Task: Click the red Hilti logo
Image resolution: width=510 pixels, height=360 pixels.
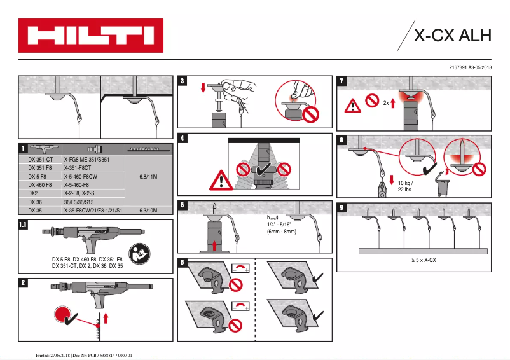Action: (x=90, y=36)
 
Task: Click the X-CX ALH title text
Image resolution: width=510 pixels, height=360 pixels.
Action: (x=453, y=36)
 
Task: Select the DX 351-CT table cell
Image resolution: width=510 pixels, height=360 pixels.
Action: (x=40, y=159)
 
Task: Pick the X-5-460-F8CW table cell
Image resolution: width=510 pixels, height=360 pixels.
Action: (x=81, y=176)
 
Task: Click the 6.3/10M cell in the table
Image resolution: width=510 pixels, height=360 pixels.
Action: (x=148, y=209)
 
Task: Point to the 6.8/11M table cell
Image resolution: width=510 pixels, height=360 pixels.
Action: (x=148, y=176)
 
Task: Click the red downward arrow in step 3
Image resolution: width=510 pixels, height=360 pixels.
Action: (x=203, y=86)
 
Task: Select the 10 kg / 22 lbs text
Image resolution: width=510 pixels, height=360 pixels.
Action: (x=405, y=186)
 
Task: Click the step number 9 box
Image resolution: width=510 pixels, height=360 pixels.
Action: (x=343, y=207)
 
